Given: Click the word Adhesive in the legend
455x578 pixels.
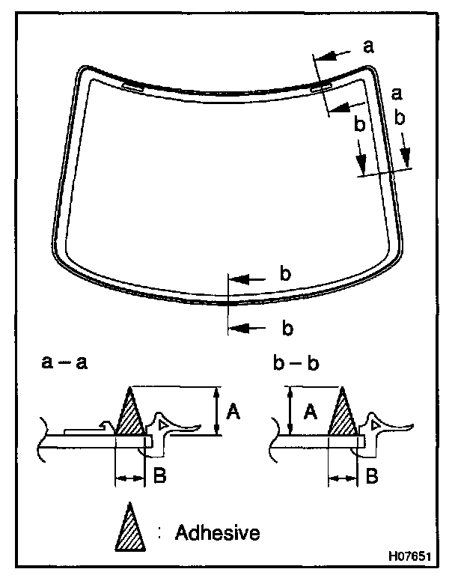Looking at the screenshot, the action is click(x=218, y=533).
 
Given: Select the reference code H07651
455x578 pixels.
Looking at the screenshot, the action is click(x=409, y=558).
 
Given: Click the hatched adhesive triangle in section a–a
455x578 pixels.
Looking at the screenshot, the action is click(x=129, y=418).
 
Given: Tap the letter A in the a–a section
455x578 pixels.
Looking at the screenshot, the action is click(x=233, y=410).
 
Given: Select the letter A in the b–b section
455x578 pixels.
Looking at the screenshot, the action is click(x=307, y=410).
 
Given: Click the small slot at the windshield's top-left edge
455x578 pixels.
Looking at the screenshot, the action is click(x=132, y=86).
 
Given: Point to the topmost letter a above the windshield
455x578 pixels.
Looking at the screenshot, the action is click(x=368, y=46).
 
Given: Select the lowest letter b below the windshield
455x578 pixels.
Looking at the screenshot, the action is click(x=285, y=327).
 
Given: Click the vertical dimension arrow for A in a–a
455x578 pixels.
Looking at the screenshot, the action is click(x=216, y=410).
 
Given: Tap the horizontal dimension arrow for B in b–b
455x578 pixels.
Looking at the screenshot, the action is click(x=343, y=476).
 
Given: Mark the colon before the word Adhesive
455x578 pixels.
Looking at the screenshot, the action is click(x=161, y=532).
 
